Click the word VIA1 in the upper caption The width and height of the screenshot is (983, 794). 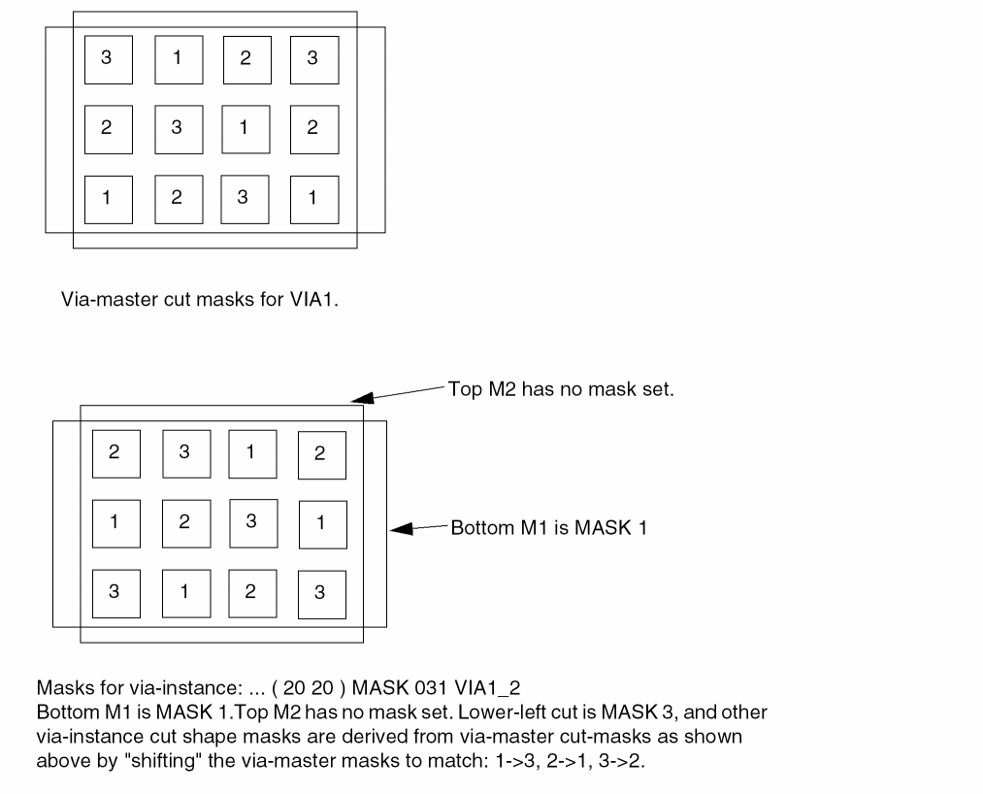(313, 299)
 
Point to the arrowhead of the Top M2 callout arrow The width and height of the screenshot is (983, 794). (362, 398)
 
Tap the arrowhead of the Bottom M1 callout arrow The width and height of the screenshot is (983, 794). (401, 529)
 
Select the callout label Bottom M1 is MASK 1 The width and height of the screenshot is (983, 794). (548, 527)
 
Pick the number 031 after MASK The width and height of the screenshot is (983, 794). (430, 688)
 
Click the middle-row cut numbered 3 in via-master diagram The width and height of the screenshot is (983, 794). (179, 129)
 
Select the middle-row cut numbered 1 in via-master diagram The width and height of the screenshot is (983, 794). (246, 129)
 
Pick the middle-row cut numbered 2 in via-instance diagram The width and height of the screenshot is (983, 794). (186, 523)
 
